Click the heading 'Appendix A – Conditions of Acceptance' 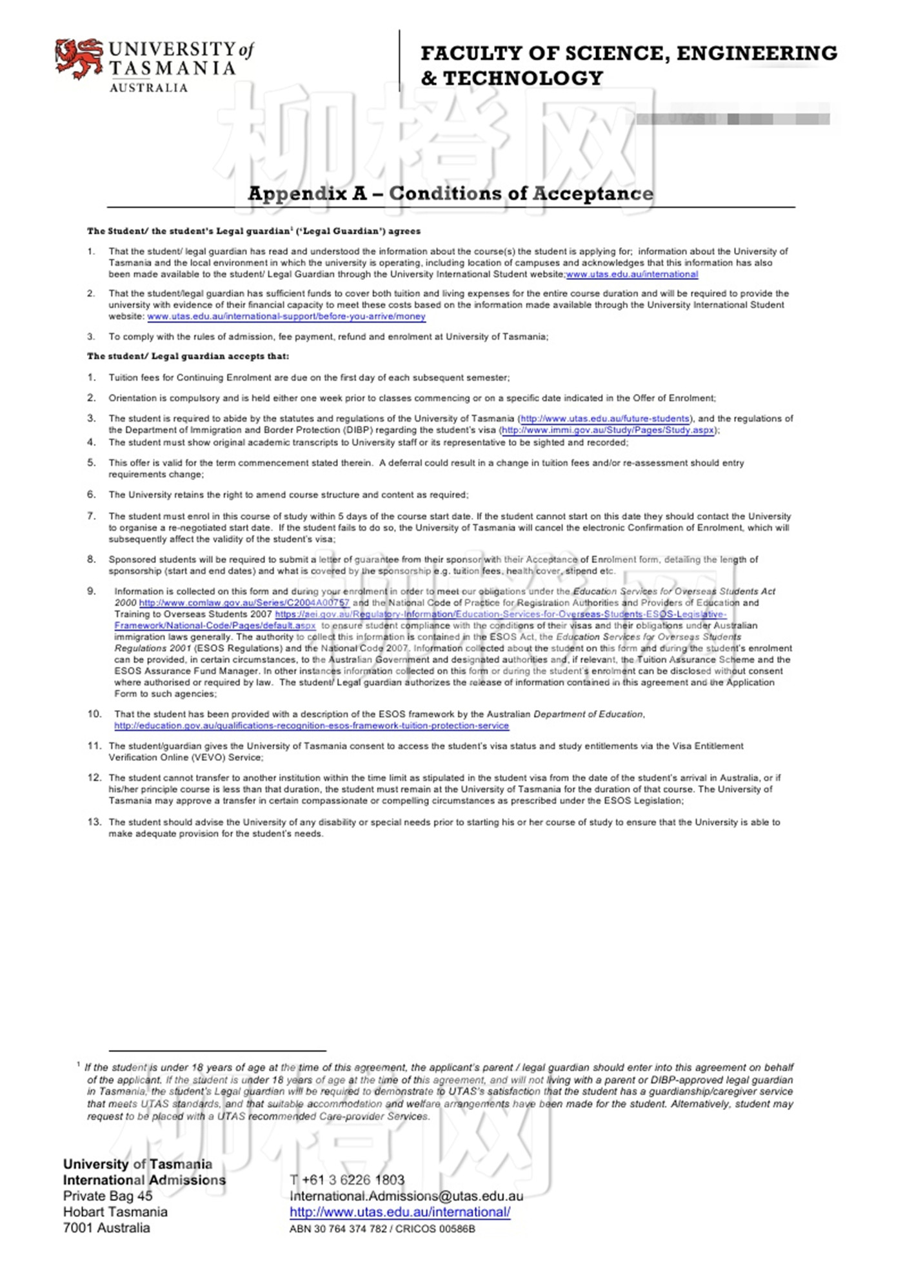coord(450,193)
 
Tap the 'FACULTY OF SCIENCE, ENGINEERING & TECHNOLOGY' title coord(629,65)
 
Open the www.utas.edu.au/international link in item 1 coord(632,274)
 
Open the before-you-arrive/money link coord(286,316)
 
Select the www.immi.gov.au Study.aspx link coord(608,430)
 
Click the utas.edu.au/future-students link coord(605,419)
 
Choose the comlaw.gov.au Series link coord(244,602)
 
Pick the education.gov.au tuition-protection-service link coord(312,726)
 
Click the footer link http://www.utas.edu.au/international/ coord(400,1212)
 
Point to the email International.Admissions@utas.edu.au coord(406,1196)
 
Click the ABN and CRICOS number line coord(382,1229)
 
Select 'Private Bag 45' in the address coord(108,1196)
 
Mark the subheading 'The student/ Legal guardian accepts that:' coord(188,356)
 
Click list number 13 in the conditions coord(94,822)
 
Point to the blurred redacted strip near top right coord(732,119)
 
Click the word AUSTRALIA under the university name coord(148,88)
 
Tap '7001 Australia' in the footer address coord(106,1228)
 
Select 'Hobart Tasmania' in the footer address coord(115,1212)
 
